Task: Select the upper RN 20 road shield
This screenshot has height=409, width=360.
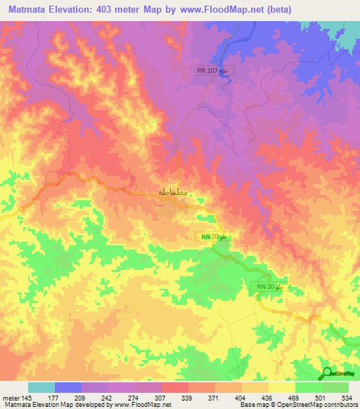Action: (x=212, y=238)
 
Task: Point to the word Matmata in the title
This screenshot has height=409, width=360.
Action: (x=25, y=8)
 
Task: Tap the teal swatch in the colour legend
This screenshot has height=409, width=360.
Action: (x=41, y=387)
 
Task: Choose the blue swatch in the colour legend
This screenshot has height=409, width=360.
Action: (x=68, y=387)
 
